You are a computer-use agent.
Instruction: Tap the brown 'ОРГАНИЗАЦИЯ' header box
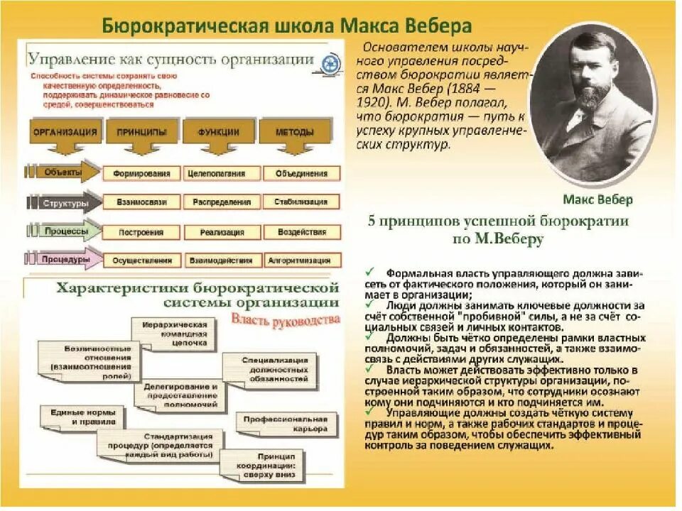(65, 132)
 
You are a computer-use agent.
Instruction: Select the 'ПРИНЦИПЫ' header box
(141, 132)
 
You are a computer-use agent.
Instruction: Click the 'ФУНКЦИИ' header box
(218, 132)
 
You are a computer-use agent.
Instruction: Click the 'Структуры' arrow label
(65, 203)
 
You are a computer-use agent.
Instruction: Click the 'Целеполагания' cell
(217, 173)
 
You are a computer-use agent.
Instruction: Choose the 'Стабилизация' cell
(301, 202)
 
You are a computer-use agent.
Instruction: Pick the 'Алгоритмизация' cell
(301, 260)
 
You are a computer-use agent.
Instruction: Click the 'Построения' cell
(141, 232)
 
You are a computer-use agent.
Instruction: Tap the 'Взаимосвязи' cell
(141, 202)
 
